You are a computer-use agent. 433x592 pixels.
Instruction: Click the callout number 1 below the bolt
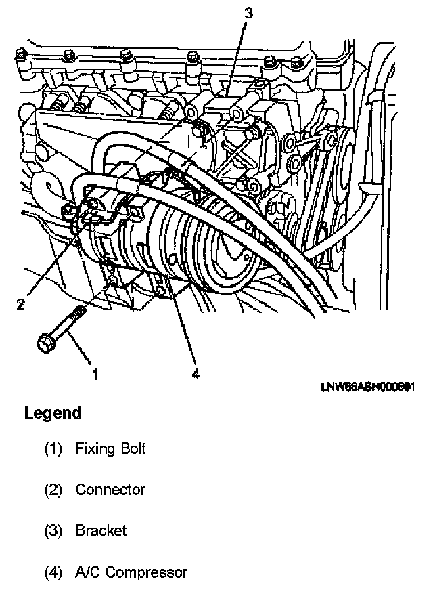(x=95, y=374)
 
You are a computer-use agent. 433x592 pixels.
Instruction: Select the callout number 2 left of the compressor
(x=21, y=304)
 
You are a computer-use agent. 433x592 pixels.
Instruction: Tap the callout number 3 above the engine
(x=248, y=12)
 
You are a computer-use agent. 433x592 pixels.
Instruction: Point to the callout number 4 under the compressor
(x=196, y=374)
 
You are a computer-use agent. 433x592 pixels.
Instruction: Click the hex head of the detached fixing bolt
(x=45, y=344)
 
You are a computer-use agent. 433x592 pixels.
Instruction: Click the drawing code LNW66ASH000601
(x=367, y=389)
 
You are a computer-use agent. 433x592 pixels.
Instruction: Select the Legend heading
(x=52, y=413)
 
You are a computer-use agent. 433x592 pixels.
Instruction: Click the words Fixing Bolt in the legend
(x=110, y=448)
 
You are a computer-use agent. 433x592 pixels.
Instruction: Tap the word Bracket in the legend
(x=101, y=530)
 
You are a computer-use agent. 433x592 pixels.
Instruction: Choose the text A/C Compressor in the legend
(x=131, y=572)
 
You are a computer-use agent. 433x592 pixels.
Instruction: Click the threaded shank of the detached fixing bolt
(x=71, y=322)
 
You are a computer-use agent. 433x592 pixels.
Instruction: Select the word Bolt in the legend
(x=131, y=448)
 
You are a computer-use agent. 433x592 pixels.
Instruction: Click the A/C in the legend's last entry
(x=88, y=572)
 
